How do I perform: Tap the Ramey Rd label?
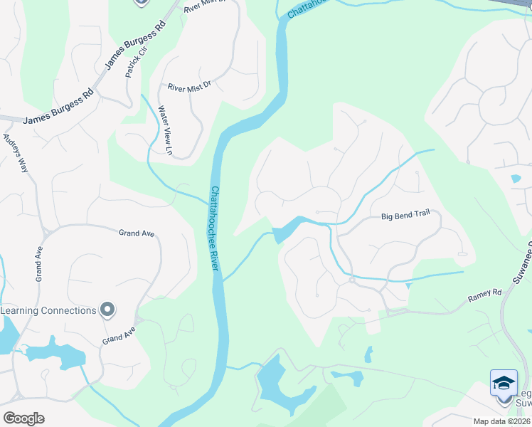(x=485, y=293)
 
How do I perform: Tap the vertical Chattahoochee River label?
(x=214, y=228)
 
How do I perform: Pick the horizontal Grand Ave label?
(x=137, y=233)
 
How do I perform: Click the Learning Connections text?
(x=48, y=310)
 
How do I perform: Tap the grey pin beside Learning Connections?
(x=107, y=310)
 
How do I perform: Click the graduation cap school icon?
(x=504, y=383)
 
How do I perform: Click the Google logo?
(x=23, y=418)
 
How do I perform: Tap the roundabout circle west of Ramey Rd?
(x=351, y=280)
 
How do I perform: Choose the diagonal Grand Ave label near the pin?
(x=118, y=335)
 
